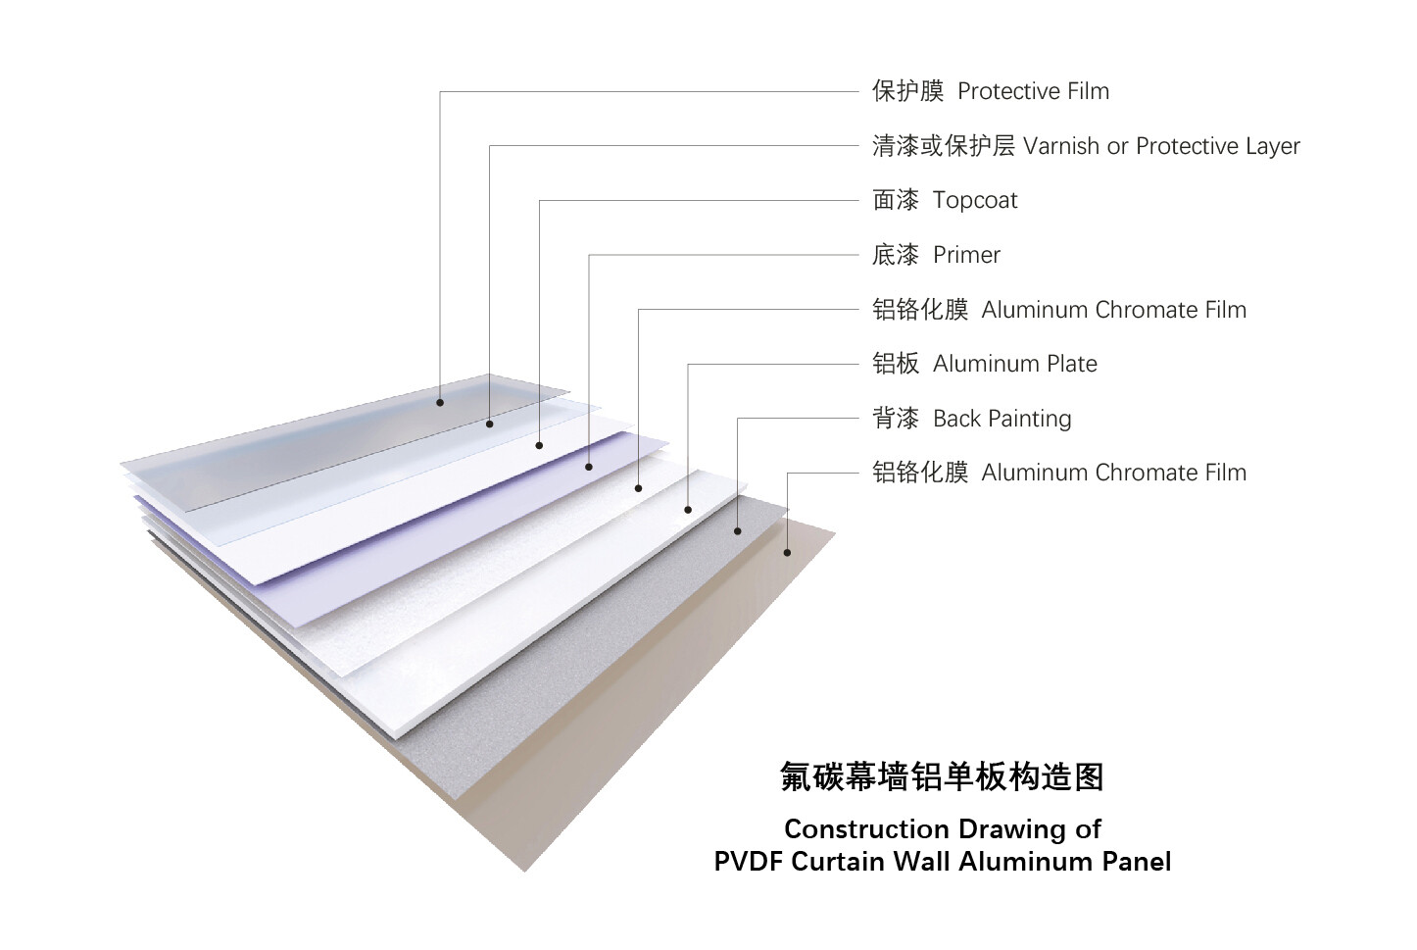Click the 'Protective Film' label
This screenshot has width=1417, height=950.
(1033, 91)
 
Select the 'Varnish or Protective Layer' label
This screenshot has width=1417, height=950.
(1161, 146)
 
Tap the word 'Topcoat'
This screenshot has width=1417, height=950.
(975, 201)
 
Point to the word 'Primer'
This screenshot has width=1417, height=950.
(966, 255)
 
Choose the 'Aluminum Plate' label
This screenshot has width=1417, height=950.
(1014, 364)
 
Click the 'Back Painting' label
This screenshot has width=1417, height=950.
(1002, 419)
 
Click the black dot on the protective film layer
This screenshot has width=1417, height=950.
(440, 403)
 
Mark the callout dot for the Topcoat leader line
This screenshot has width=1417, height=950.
(539, 445)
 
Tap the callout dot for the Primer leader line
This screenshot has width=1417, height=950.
(589, 467)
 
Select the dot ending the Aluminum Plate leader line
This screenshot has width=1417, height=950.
(688, 510)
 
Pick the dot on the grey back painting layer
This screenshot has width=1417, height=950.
(738, 531)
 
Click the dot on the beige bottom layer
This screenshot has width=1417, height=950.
(788, 553)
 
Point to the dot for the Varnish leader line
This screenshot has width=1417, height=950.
(490, 425)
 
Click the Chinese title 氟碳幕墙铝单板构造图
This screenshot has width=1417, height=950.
(942, 776)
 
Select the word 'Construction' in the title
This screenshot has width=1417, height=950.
(867, 829)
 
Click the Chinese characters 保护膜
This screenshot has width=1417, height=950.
(907, 91)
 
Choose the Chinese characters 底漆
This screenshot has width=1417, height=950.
(895, 255)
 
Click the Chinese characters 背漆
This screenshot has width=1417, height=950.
(895, 419)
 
